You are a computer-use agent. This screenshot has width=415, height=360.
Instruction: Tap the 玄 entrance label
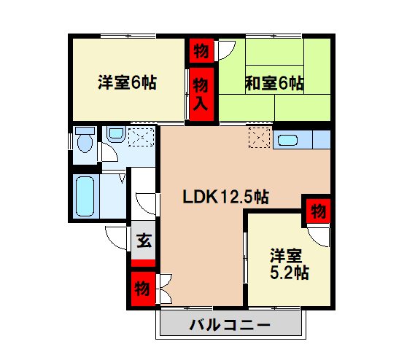tap(144, 240)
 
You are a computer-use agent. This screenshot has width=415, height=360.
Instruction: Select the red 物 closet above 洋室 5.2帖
tap(317, 211)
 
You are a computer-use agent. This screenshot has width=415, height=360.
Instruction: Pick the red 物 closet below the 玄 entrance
tap(142, 287)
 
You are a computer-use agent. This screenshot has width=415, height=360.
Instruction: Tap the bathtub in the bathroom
tap(86, 195)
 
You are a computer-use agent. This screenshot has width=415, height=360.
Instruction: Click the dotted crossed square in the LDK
tap(259, 137)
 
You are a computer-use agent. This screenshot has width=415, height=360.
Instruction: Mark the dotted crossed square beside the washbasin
tap(141, 137)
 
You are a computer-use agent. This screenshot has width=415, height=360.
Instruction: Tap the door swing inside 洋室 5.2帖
tap(319, 235)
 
